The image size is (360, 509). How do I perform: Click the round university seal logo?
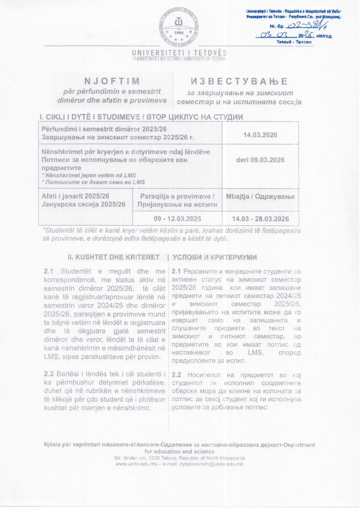click(180, 27)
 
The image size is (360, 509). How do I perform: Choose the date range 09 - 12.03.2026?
click(177, 219)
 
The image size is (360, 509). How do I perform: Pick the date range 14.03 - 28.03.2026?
click(260, 219)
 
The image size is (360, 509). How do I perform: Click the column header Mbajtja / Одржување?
click(260, 196)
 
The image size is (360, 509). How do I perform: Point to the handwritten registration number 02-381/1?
click(296, 25)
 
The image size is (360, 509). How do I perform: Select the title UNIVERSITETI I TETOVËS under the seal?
click(180, 53)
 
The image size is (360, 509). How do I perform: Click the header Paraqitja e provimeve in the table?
click(177, 196)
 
